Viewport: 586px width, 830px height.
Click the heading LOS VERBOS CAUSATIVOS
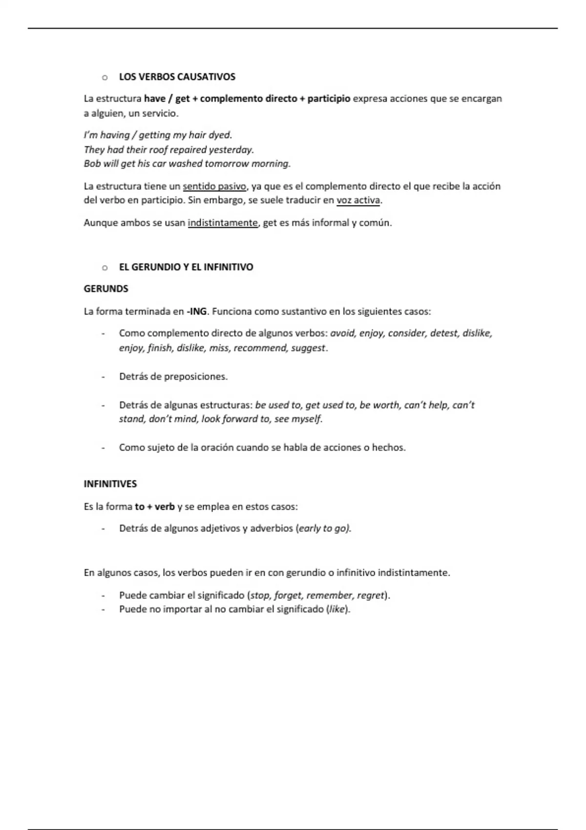(x=177, y=77)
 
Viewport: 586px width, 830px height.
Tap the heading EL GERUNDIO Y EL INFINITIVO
(x=186, y=267)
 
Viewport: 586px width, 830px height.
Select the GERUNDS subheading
(x=106, y=289)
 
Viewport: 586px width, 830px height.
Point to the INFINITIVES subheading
(x=110, y=484)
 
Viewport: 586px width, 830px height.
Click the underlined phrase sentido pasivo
(x=214, y=186)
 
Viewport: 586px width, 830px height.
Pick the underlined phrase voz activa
(x=358, y=200)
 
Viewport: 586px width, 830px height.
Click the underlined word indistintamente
(x=223, y=223)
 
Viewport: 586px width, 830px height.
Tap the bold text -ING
(x=197, y=311)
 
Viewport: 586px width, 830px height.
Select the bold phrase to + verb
(x=155, y=506)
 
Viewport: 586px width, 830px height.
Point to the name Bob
(x=92, y=164)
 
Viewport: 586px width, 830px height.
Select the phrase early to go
(x=323, y=528)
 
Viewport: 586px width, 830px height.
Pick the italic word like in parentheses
(x=337, y=609)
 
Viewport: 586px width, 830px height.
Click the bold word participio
(x=329, y=99)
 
